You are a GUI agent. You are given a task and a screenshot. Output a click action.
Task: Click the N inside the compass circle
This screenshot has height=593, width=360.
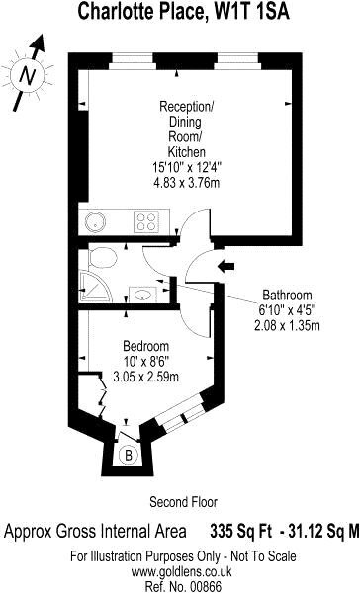pos(28,76)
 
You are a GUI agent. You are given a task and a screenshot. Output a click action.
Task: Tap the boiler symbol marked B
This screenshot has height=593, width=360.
pos(129,455)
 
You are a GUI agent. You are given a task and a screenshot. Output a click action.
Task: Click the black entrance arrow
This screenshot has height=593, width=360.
pos(226,266)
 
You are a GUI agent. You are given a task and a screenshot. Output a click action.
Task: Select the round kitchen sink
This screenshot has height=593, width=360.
pos(95,221)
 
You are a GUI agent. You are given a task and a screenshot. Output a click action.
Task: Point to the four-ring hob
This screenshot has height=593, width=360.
pos(146,222)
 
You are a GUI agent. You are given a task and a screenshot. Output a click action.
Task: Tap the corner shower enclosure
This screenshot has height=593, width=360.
pos(96,287)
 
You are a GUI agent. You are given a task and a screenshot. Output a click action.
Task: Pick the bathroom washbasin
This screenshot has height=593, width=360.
pos(142,295)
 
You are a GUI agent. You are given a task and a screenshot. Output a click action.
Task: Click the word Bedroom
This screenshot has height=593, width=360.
pos(145,346)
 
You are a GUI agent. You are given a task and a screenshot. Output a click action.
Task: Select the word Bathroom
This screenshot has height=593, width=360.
pos(288,295)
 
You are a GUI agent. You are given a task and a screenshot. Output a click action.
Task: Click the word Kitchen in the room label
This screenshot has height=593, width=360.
pos(187,152)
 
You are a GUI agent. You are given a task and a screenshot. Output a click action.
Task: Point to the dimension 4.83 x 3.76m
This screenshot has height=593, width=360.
pos(187,183)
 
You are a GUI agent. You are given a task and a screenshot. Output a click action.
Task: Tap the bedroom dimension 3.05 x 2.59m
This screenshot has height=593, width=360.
pos(145,377)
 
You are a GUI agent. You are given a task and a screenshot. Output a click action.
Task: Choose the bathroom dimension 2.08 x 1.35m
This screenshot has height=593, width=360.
pos(288,325)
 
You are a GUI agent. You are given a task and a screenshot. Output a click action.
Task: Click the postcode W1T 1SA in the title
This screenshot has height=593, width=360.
pos(252,11)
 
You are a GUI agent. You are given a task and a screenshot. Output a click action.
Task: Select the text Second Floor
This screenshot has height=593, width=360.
pos(184,502)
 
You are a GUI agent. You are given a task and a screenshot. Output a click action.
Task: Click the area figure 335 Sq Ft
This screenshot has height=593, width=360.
pos(240,531)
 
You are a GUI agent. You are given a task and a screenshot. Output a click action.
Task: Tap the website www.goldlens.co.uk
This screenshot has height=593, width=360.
pos(181,571)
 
